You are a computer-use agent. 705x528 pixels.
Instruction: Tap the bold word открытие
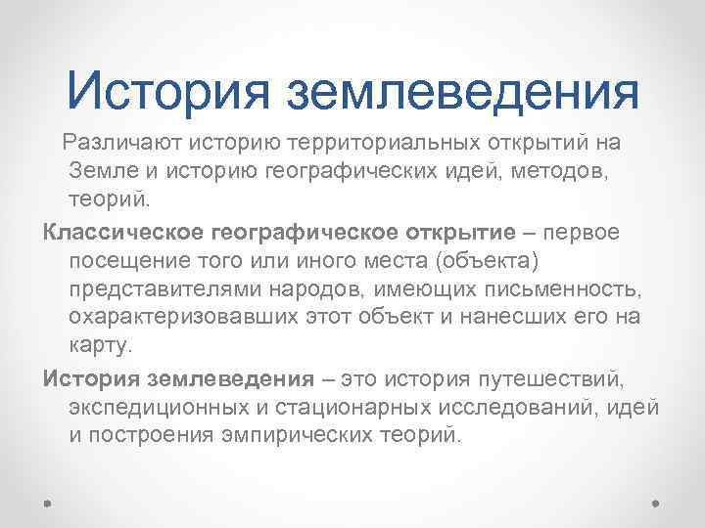click(x=459, y=233)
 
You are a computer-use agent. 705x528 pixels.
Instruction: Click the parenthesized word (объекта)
click(x=487, y=262)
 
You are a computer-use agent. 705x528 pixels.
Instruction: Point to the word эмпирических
click(x=310, y=436)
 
